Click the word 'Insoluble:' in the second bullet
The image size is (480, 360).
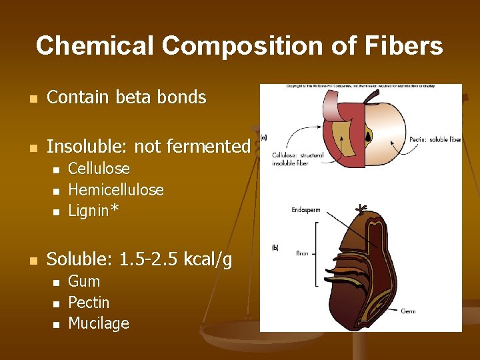point(82,146)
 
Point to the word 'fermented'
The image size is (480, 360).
point(218,146)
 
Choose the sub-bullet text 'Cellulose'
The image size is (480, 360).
point(99,169)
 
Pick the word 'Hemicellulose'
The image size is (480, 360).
point(116,190)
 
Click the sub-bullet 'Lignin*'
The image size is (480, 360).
point(93,211)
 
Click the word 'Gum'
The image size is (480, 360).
point(84,281)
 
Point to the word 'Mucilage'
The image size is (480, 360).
point(99,324)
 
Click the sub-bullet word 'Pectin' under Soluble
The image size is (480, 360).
point(89,303)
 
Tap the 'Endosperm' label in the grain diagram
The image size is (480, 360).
point(305,210)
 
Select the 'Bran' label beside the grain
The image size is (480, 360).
point(302,253)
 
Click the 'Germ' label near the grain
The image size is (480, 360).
point(408,311)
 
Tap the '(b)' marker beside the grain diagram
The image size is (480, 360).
point(275,248)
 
